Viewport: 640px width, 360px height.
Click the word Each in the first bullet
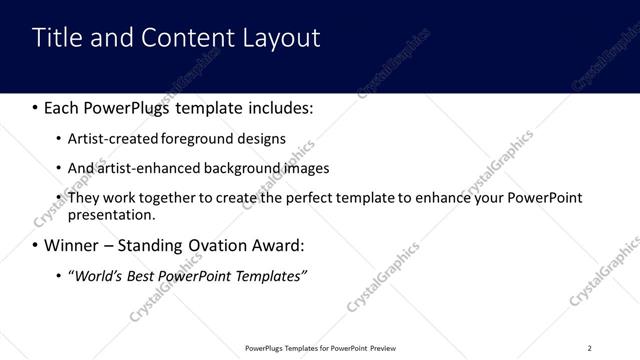(63, 106)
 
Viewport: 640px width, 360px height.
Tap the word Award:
(288, 245)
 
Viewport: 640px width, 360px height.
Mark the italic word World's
(98, 275)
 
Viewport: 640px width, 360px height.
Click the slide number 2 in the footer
(589, 348)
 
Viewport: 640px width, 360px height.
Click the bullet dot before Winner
(35, 245)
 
